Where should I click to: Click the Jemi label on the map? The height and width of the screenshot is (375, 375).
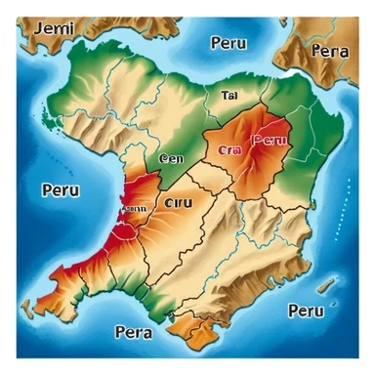pyautogui.click(x=54, y=28)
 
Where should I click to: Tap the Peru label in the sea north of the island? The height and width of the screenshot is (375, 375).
pyautogui.click(x=228, y=43)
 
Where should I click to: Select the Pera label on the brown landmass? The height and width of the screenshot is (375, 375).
pyautogui.click(x=329, y=51)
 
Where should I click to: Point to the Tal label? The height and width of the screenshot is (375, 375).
pyautogui.click(x=230, y=96)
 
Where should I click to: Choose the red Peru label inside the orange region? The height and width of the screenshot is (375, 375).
pyautogui.click(x=271, y=141)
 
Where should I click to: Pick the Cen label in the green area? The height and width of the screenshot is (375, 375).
pyautogui.click(x=171, y=157)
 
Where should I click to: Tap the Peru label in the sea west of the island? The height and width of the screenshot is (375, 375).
pyautogui.click(x=60, y=190)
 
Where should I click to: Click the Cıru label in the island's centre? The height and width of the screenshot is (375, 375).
pyautogui.click(x=180, y=203)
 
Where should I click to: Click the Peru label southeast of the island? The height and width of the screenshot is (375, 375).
pyautogui.click(x=306, y=312)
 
